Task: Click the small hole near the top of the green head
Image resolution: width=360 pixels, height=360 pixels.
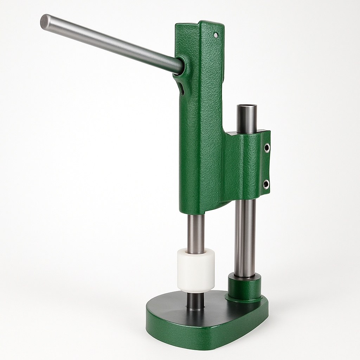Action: pyautogui.click(x=216, y=35)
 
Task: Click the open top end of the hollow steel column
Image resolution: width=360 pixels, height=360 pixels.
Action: pyautogui.click(x=247, y=107)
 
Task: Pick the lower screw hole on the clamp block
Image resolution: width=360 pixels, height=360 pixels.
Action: pyautogui.click(x=266, y=184)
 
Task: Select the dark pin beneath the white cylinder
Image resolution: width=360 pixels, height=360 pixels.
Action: pyautogui.click(x=195, y=301)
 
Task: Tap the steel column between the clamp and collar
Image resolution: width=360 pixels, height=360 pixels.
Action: pyautogui.click(x=245, y=236)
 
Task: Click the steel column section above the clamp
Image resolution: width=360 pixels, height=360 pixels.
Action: pyautogui.click(x=246, y=121)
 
